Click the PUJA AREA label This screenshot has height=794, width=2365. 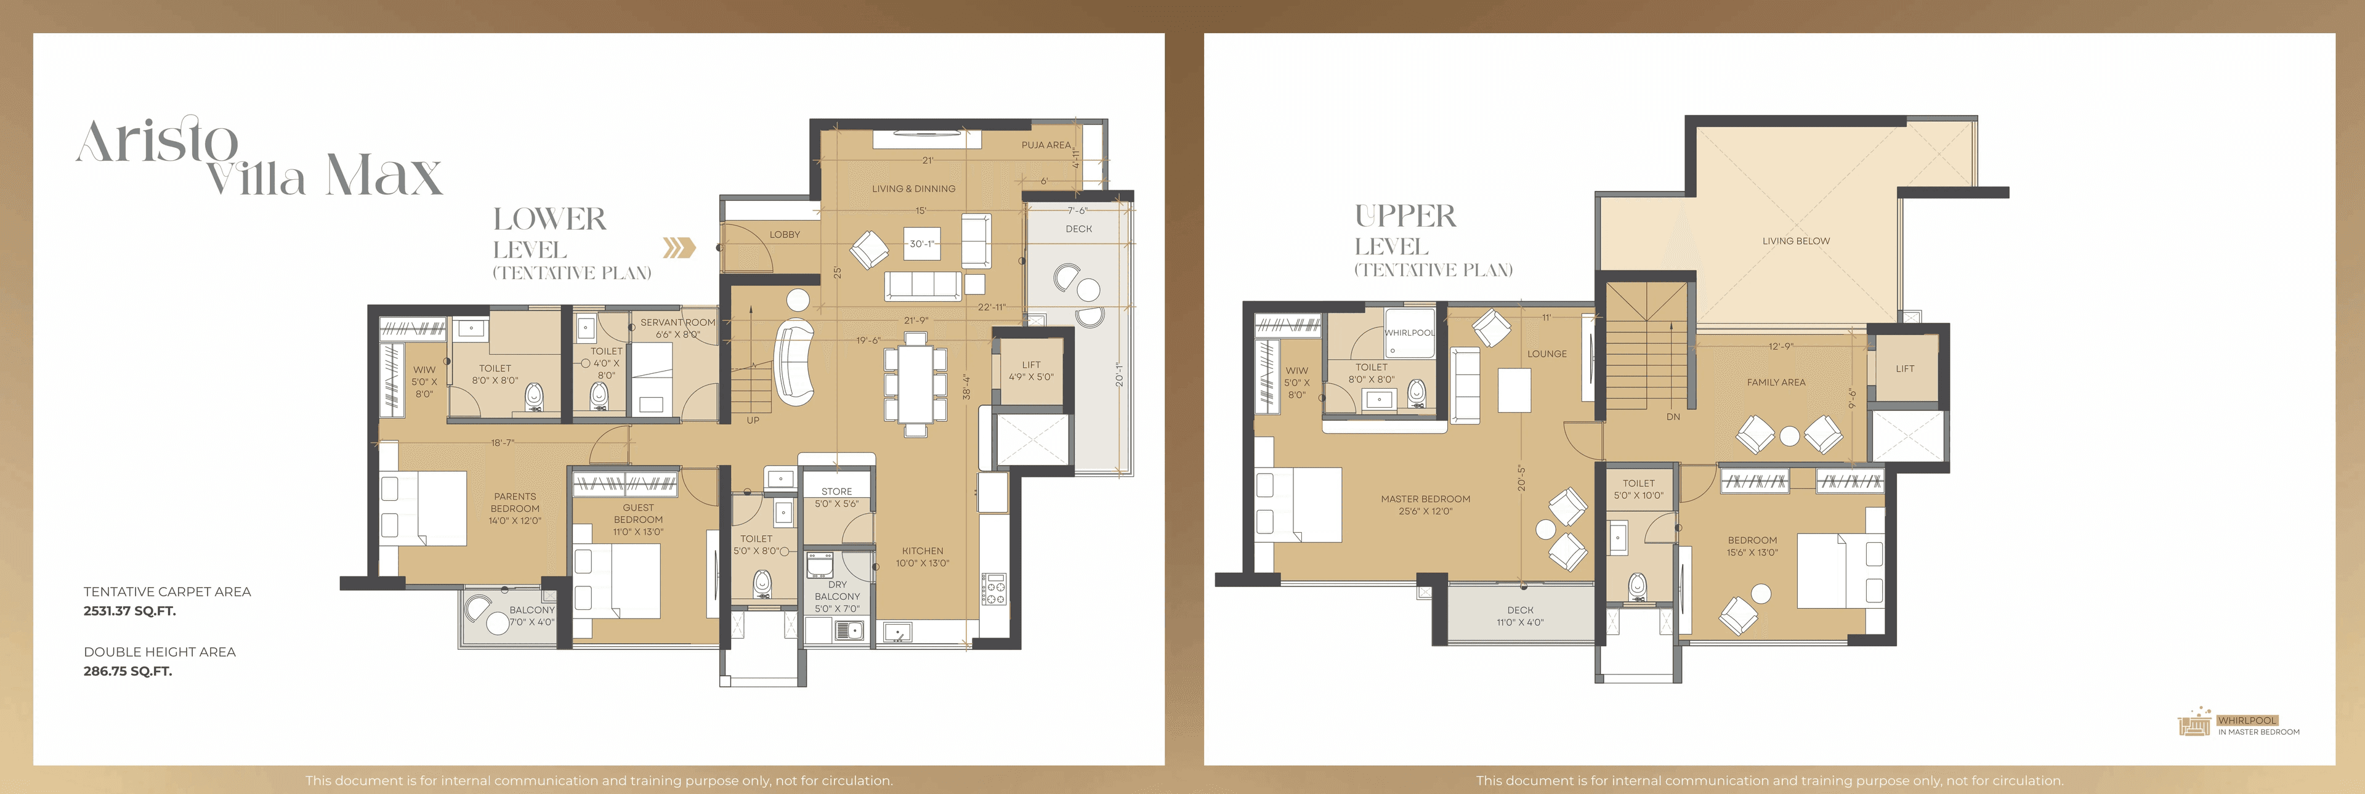pos(1046,145)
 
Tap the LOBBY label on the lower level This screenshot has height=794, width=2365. pos(785,235)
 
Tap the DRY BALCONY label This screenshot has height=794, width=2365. pos(838,590)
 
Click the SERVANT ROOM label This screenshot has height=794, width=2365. pos(677,322)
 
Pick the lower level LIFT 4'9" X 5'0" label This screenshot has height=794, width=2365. pos(1031,371)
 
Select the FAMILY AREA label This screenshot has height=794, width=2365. pos(1776,383)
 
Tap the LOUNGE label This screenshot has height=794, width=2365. pos(1547,354)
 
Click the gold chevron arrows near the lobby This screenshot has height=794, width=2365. pos(679,248)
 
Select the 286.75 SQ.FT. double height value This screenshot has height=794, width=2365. pos(127,671)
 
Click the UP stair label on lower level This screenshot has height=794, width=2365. pos(753,420)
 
